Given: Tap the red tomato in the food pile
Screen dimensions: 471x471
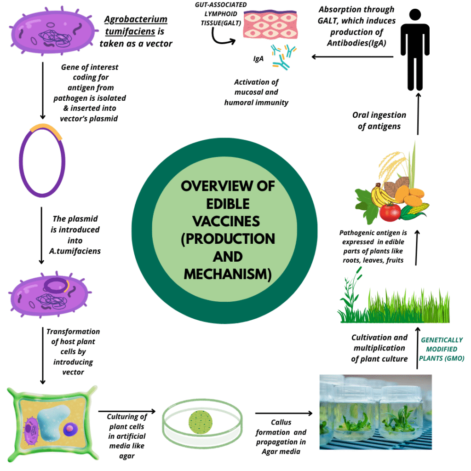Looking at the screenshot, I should [390, 212].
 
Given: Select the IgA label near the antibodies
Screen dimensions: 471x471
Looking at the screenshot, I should [258, 59].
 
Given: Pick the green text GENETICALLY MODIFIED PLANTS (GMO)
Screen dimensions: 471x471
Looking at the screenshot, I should [442, 349].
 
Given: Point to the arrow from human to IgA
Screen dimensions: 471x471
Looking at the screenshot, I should [352, 57].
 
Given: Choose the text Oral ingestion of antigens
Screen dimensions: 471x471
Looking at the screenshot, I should [379, 120].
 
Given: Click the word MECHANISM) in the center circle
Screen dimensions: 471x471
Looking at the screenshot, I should [227, 274].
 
